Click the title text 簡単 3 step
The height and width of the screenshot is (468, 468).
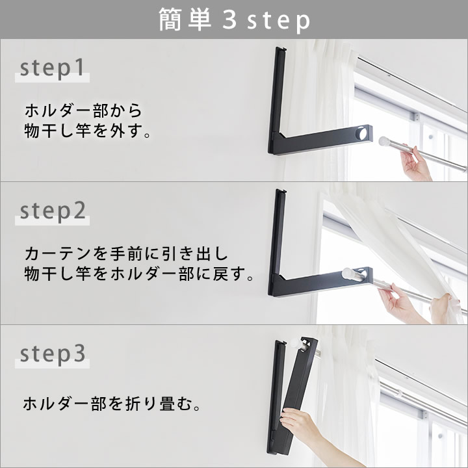click(x=234, y=20)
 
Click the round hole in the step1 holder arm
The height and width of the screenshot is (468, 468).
click(x=363, y=133)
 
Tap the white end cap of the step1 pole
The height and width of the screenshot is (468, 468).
click(x=383, y=141)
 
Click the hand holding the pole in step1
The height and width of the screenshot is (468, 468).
click(x=415, y=164)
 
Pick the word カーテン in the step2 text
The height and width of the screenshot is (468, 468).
click(x=58, y=253)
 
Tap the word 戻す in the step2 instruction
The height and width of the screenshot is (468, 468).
click(x=229, y=274)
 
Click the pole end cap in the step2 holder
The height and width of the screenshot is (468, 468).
click(x=347, y=274)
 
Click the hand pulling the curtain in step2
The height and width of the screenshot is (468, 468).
click(x=443, y=308)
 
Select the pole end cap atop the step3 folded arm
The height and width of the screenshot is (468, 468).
click(x=296, y=343)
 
